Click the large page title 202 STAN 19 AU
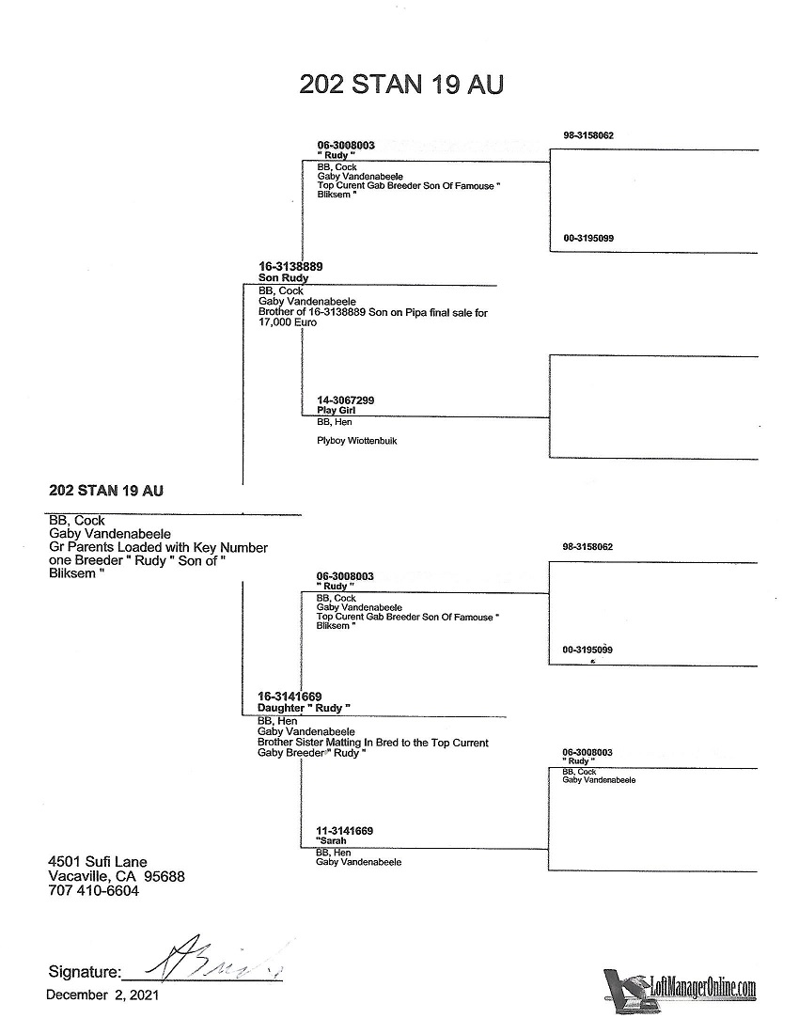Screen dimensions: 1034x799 tap(401, 84)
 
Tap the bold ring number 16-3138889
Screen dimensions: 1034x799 tap(290, 267)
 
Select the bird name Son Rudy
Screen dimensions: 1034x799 tap(283, 278)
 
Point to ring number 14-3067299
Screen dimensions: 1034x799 tap(346, 400)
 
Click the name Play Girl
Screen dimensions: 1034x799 tap(336, 411)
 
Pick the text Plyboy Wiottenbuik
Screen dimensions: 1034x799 tap(356, 440)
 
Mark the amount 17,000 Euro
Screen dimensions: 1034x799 tap(288, 321)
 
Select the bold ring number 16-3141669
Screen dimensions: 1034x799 tap(290, 697)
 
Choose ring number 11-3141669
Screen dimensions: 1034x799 tap(345, 831)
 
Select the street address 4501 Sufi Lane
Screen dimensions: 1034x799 tap(98, 861)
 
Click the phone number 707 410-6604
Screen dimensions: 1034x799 tap(93, 891)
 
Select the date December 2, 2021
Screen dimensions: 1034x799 tap(102, 995)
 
